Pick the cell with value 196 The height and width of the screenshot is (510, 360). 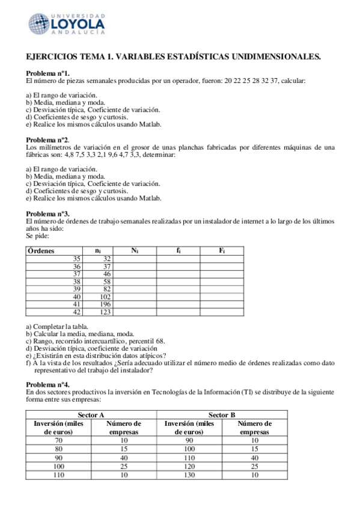pyautogui.click(x=104, y=304)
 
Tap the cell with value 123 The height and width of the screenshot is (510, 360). pyautogui.click(x=104, y=312)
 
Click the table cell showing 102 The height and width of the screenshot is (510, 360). pyautogui.click(x=104, y=296)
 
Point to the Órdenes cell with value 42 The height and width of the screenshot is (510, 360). pyautogui.click(x=76, y=312)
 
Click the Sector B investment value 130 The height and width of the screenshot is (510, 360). pyautogui.click(x=190, y=475)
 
